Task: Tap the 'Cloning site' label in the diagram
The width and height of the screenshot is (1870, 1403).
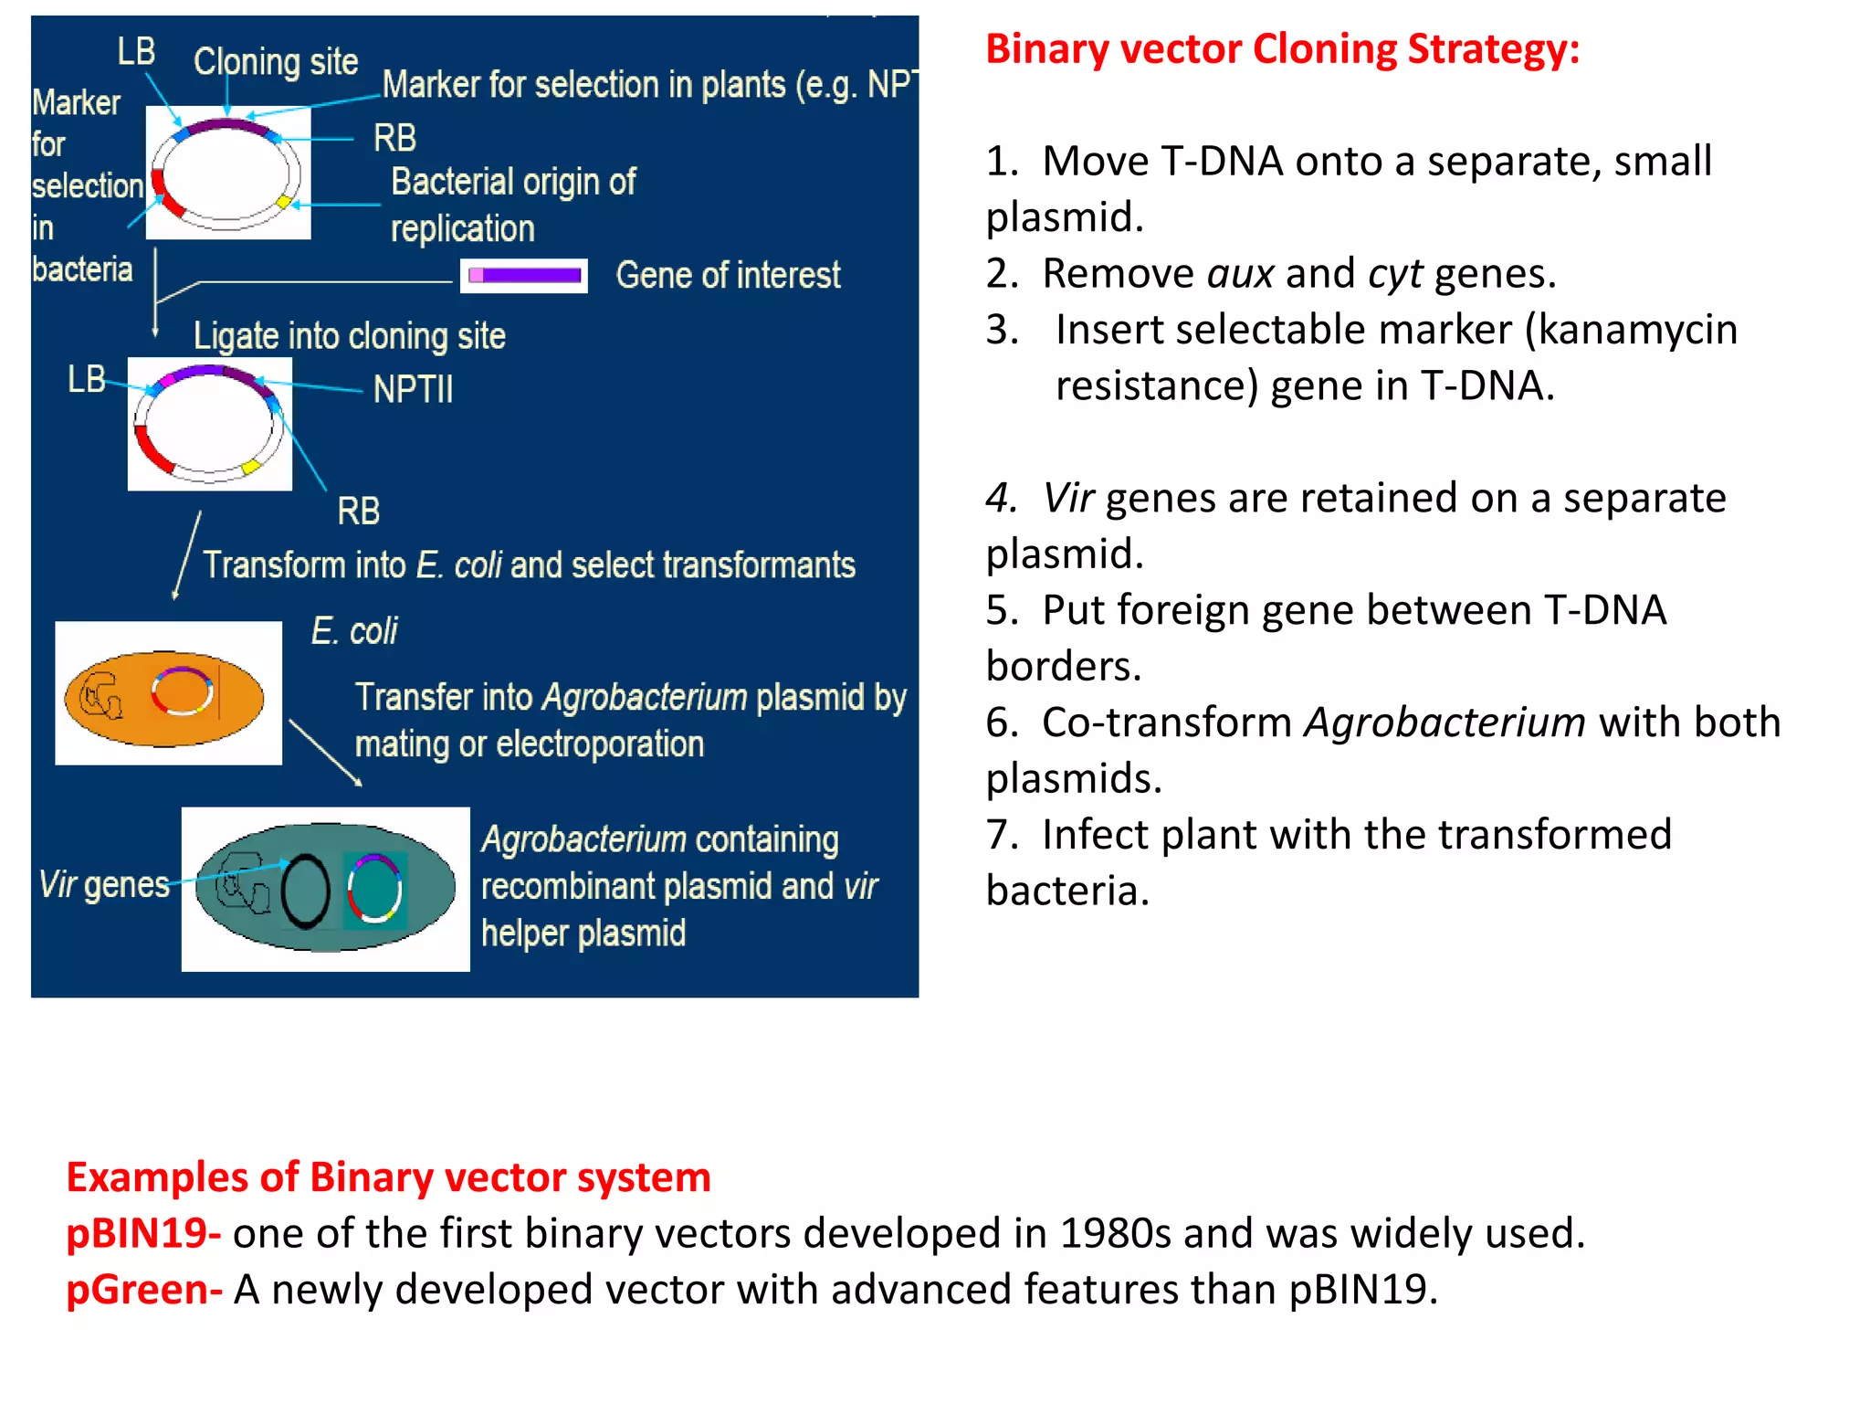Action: click(275, 62)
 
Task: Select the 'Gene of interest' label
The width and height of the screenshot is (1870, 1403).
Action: click(728, 275)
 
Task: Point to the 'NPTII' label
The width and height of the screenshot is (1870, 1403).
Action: click(413, 389)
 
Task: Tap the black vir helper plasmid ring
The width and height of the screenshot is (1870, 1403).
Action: click(305, 891)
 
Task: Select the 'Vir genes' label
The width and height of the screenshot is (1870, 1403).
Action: click(104, 884)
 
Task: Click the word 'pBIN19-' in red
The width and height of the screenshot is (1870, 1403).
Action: click(143, 1233)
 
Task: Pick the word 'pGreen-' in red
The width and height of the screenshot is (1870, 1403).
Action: click(144, 1290)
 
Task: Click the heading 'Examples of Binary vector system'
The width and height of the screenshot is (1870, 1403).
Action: click(388, 1177)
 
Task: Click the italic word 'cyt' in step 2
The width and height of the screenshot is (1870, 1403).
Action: click(1394, 274)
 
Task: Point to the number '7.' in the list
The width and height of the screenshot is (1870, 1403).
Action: click(1002, 835)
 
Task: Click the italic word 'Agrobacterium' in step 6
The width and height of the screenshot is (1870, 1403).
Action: click(1445, 723)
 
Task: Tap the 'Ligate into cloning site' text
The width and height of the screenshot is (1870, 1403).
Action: click(349, 336)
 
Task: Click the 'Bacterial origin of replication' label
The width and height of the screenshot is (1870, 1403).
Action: click(513, 205)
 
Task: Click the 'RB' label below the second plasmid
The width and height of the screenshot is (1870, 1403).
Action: click(358, 512)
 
